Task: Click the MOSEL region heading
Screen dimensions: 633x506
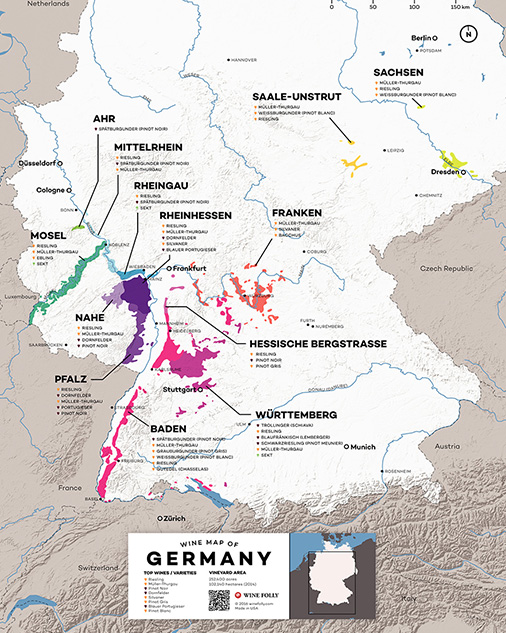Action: click(x=48, y=236)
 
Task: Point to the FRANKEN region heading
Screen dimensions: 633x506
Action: click(x=295, y=213)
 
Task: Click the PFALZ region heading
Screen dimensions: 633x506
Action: click(x=73, y=380)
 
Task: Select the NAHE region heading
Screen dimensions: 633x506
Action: click(x=90, y=317)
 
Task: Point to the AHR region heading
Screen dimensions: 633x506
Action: click(x=104, y=120)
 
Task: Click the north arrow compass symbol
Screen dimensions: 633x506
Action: click(x=467, y=34)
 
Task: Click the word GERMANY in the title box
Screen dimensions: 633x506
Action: click(x=209, y=558)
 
